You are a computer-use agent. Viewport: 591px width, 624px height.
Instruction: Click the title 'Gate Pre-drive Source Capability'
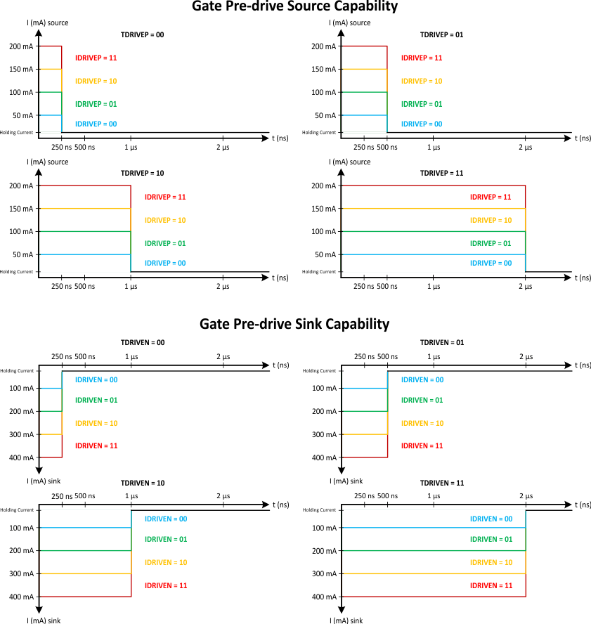pos(295,7)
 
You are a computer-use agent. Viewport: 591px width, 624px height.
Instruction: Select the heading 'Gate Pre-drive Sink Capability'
pos(294,324)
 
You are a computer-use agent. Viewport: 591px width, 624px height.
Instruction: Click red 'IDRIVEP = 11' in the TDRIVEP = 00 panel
pos(96,58)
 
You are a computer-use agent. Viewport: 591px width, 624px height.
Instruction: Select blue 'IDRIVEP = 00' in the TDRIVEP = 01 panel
pos(422,124)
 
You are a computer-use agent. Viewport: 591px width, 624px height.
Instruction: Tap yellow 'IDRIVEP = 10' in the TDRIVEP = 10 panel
pos(165,220)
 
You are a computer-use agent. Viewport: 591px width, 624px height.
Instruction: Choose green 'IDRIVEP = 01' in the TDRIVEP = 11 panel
pos(491,243)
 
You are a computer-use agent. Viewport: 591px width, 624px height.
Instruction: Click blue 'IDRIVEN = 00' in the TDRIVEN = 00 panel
pos(96,379)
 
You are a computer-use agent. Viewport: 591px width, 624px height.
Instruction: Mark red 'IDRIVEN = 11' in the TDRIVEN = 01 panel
pos(422,446)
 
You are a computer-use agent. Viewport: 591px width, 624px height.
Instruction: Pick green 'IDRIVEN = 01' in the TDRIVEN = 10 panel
pos(165,539)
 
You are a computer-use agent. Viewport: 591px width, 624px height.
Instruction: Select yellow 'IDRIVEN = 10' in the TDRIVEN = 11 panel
pos(491,562)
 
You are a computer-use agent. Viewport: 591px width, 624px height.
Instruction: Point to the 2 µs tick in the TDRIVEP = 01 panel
pos(525,147)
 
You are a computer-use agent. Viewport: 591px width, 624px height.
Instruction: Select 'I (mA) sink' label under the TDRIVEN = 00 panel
pos(47,481)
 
